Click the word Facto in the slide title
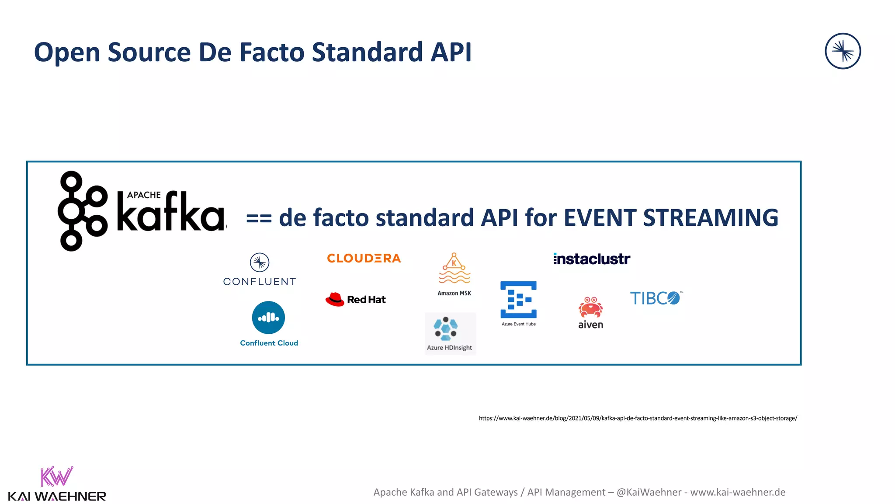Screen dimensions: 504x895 pos(271,52)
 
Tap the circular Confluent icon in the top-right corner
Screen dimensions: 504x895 pos(843,51)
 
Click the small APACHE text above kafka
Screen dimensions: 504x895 pos(144,195)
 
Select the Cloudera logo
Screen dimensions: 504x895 pos(364,258)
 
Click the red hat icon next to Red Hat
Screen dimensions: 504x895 pos(335,300)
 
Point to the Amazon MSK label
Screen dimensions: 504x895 pos(454,293)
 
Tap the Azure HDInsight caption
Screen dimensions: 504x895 pos(449,347)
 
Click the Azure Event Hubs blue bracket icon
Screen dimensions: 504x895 pos(518,300)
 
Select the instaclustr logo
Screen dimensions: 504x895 pos(592,259)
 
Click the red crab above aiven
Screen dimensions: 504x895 pos(590,307)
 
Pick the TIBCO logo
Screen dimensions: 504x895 pos(655,298)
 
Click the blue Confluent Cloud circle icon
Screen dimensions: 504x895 pos(268,318)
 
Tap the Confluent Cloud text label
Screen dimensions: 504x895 pos(269,343)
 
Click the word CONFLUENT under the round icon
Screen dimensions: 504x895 pos(260,282)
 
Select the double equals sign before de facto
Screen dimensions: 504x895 pos(259,218)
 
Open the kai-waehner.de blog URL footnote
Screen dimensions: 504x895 pos(638,418)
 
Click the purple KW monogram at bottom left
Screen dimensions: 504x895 pos(56,476)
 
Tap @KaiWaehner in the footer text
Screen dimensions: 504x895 pos(649,492)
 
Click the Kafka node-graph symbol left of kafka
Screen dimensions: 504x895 pos(82,211)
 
